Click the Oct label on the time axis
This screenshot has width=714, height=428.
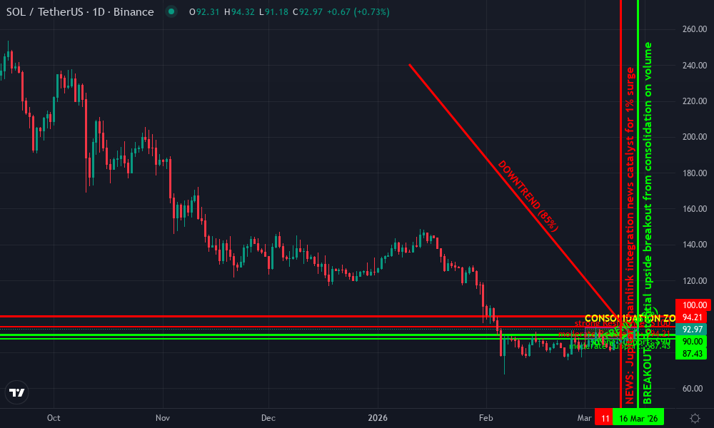click(x=53, y=418)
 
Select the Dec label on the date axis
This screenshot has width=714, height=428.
click(x=268, y=418)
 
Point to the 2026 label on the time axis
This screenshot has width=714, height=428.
click(x=378, y=418)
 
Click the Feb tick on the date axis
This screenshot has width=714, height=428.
click(x=486, y=418)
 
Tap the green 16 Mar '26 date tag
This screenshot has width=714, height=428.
click(x=639, y=418)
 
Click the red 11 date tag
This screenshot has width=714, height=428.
click(x=605, y=418)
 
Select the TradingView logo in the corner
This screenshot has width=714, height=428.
click(x=17, y=392)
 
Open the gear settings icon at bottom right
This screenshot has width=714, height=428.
click(x=695, y=418)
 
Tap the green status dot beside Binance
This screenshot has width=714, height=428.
click(x=171, y=12)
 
